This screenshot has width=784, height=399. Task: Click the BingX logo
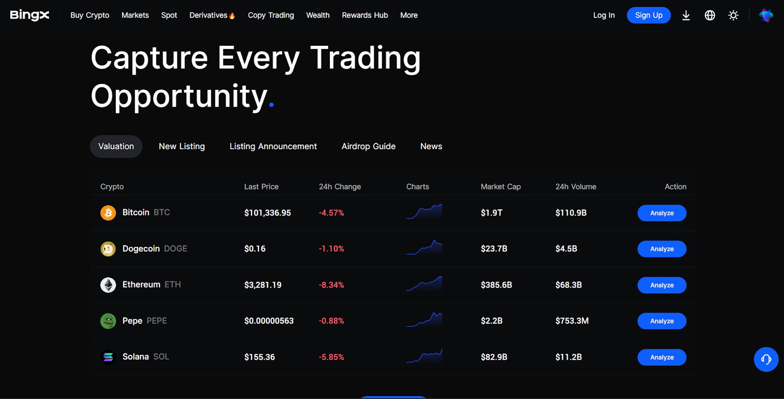pyautogui.click(x=29, y=15)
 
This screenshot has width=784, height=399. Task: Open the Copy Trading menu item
pyautogui.click(x=270, y=15)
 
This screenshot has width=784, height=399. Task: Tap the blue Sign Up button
pyautogui.click(x=648, y=15)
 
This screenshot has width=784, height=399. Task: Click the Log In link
pyautogui.click(x=604, y=15)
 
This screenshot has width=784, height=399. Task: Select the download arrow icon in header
pyautogui.click(x=686, y=15)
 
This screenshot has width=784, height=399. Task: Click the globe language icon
pyautogui.click(x=710, y=15)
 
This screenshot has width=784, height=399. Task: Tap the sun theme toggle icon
pyautogui.click(x=733, y=15)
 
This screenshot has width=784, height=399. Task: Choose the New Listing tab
pyautogui.click(x=182, y=146)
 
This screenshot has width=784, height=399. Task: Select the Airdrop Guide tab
pyautogui.click(x=368, y=146)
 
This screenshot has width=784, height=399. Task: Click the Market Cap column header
pyautogui.click(x=500, y=186)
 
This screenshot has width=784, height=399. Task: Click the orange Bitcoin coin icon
pyautogui.click(x=108, y=213)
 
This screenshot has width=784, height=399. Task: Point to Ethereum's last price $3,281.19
pyautogui.click(x=263, y=285)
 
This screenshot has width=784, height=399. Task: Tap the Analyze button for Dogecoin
pyautogui.click(x=661, y=249)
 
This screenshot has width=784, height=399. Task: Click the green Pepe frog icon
pyautogui.click(x=108, y=321)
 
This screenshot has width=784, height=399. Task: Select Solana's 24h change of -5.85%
pyautogui.click(x=331, y=357)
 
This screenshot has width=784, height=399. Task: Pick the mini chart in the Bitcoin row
pyautogui.click(x=424, y=212)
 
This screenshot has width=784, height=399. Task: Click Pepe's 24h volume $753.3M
pyautogui.click(x=572, y=321)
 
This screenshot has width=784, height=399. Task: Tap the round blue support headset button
pyautogui.click(x=766, y=359)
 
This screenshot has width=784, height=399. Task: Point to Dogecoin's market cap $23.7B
pyautogui.click(x=494, y=249)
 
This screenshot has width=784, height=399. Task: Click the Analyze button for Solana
pyautogui.click(x=661, y=357)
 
